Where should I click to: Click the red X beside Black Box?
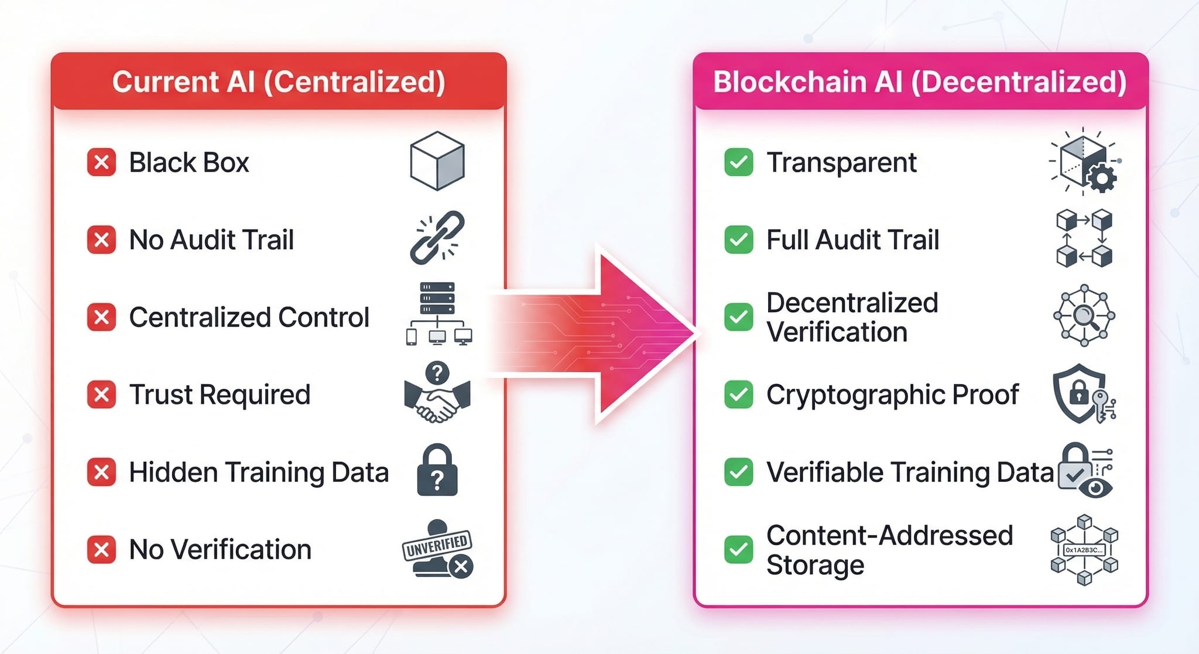(x=101, y=162)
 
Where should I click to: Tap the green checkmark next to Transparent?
(x=738, y=162)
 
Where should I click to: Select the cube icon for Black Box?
(x=437, y=160)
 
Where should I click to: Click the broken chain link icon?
(x=437, y=238)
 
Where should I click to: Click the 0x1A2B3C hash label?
(x=1084, y=550)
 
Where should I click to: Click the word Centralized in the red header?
(x=354, y=82)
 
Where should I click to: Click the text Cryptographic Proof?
(x=892, y=395)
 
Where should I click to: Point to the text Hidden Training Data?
(x=258, y=472)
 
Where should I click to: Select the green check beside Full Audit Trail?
(x=738, y=239)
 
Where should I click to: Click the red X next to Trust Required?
(x=101, y=394)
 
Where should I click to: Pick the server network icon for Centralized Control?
(x=439, y=313)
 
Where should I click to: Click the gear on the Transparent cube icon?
(x=1101, y=178)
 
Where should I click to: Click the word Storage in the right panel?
(x=815, y=565)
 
